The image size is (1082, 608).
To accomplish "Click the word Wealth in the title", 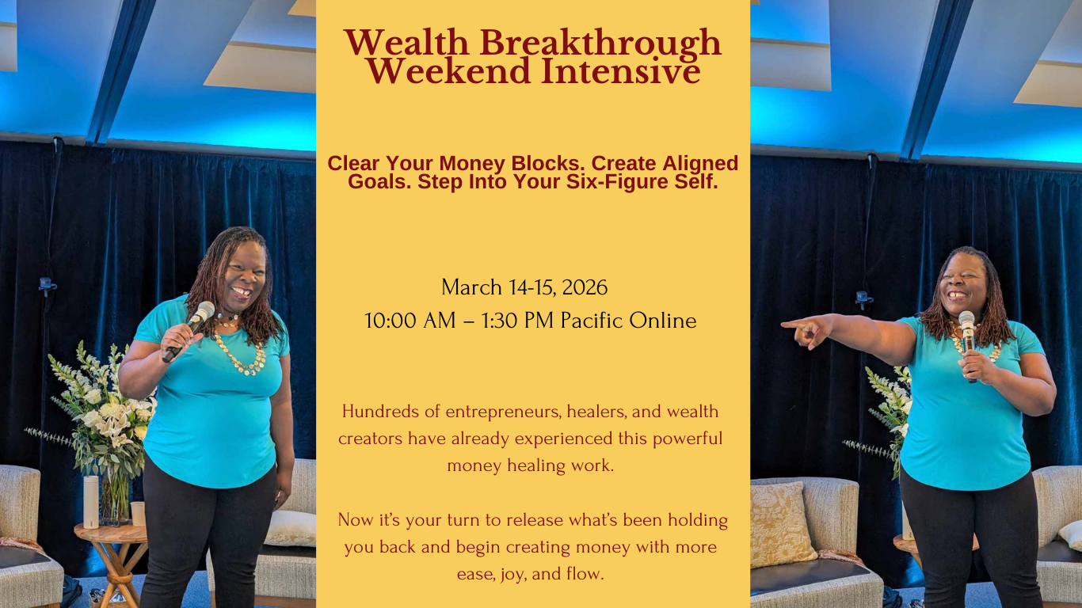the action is (x=406, y=43).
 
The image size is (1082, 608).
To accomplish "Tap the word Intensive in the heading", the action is (x=621, y=71).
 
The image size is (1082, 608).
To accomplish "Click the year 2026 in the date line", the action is (x=585, y=287).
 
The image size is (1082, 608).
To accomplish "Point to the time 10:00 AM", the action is (x=410, y=321).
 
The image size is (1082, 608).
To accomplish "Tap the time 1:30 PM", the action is (x=517, y=321).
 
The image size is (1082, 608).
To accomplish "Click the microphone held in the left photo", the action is (x=189, y=331).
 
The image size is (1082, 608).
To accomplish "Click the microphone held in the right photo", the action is (x=968, y=344).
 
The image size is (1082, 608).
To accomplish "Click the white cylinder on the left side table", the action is (x=91, y=502).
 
